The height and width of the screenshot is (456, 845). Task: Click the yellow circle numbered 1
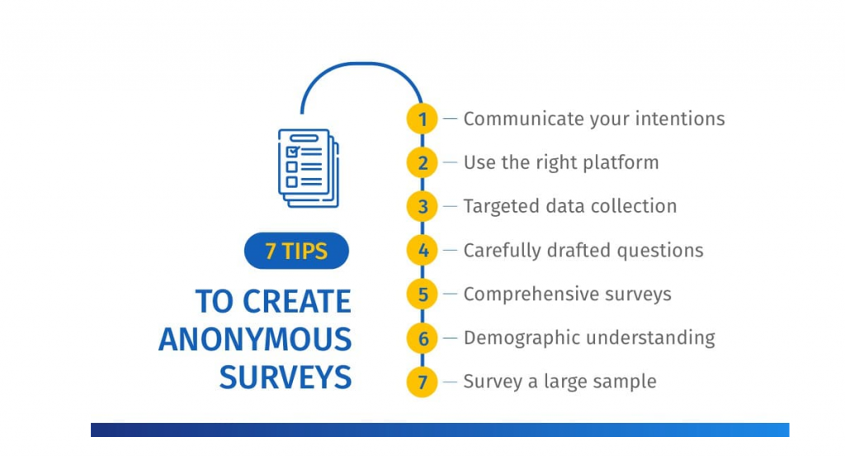pos(422,119)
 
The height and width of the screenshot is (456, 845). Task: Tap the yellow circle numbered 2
pos(422,162)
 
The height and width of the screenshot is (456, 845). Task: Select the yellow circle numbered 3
pos(422,206)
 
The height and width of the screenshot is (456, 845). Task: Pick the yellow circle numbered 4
pos(422,251)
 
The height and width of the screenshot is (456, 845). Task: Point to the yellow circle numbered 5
pos(422,294)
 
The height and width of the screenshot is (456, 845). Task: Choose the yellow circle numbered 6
pos(422,338)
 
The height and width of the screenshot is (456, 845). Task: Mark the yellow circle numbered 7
pos(422,382)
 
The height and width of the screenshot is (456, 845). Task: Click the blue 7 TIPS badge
pos(296,251)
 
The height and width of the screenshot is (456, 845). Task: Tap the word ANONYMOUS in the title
pos(255,340)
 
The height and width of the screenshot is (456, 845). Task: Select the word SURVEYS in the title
pos(286,378)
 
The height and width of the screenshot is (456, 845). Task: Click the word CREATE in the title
pos(297,302)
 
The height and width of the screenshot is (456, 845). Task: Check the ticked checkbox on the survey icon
pos(292,152)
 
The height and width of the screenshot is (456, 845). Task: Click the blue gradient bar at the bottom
pos(440,430)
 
